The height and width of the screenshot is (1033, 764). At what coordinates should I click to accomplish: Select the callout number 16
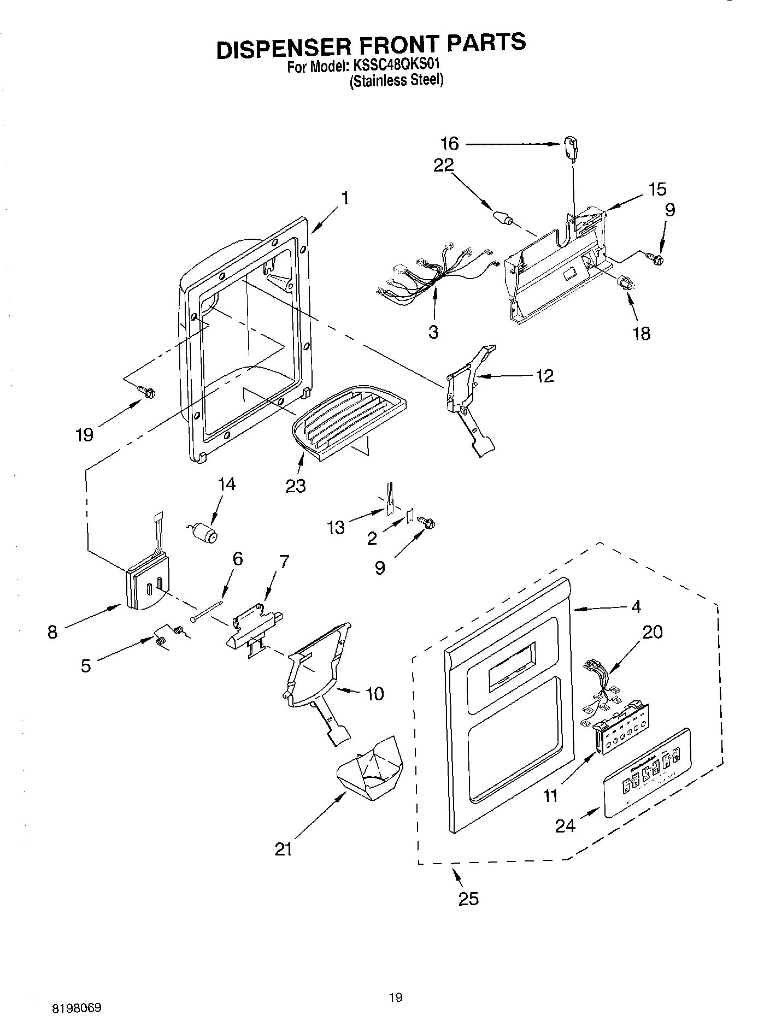(450, 144)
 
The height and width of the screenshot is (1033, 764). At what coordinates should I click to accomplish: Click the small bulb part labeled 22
(503, 219)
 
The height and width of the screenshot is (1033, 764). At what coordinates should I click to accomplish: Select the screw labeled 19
(147, 391)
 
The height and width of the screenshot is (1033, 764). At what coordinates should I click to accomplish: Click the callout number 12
(544, 376)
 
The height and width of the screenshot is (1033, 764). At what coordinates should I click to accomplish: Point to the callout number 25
(468, 899)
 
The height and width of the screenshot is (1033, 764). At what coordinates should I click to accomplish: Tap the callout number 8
(52, 632)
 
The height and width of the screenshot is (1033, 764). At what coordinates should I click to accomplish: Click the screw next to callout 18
(625, 284)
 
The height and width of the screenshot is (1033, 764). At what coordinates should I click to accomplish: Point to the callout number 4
(636, 606)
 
